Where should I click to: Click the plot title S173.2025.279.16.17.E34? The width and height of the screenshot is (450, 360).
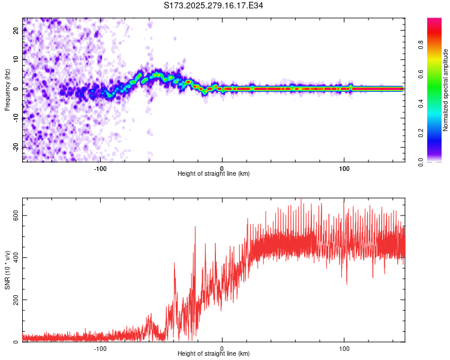214,5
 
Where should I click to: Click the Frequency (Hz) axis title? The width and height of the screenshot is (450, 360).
7,89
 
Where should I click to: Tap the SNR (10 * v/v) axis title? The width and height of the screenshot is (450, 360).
7,269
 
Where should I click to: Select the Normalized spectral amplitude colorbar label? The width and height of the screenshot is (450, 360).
445,90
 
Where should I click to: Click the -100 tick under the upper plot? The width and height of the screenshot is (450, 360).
100,168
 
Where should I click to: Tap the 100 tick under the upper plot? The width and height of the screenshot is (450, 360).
344,168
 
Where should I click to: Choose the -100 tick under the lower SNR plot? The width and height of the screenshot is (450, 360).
100,349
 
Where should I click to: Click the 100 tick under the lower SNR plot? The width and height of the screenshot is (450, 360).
344,349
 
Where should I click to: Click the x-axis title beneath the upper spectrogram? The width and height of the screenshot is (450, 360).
214,174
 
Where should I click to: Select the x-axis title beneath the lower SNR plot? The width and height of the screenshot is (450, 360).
214,355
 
